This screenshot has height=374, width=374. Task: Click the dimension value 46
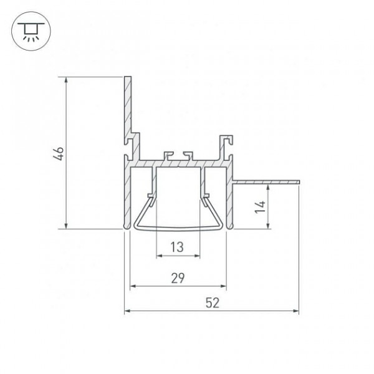(x=59, y=153)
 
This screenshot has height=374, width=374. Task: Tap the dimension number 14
(x=260, y=207)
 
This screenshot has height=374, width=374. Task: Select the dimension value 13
(x=177, y=247)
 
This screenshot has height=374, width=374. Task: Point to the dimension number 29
(x=178, y=278)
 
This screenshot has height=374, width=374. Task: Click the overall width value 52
(x=213, y=303)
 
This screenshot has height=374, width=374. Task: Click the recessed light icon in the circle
(x=31, y=32)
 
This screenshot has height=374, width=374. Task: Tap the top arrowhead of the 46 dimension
(x=66, y=80)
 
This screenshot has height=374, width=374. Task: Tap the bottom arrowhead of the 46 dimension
(x=66, y=226)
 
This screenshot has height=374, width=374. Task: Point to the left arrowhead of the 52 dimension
(x=127, y=311)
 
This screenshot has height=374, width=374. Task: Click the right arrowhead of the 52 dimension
(x=295, y=311)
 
